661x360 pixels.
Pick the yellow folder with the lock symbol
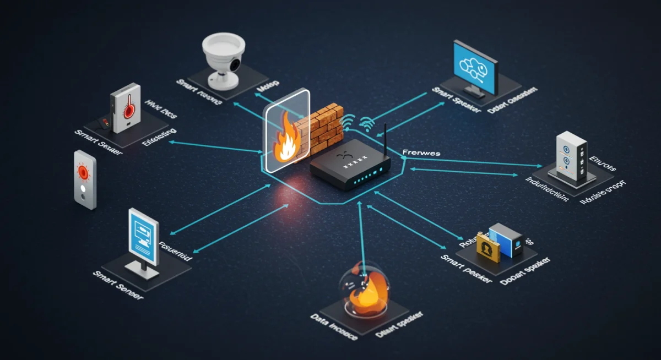point(487,246)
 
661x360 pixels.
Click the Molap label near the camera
point(268,84)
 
